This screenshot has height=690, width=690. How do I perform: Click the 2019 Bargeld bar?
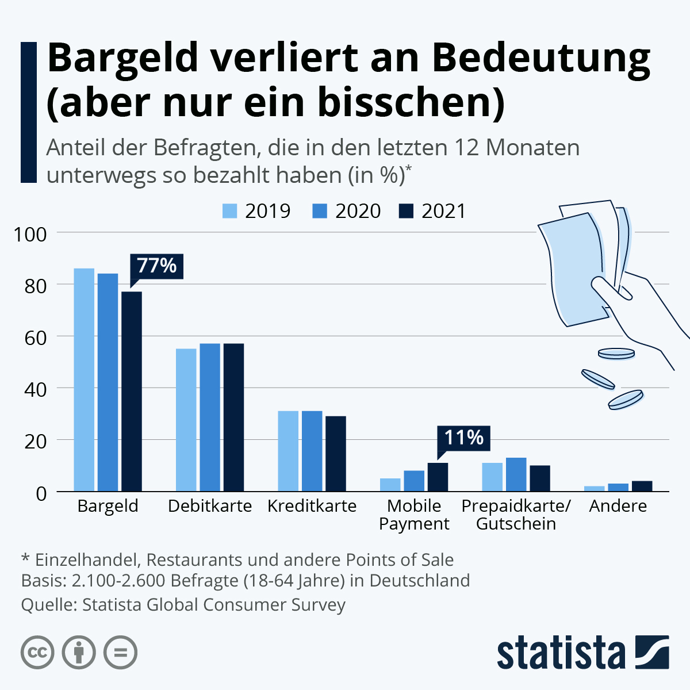[x=84, y=379]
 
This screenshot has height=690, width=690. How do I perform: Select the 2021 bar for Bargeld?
[x=132, y=391]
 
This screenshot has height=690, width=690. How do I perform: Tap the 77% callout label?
[x=156, y=266]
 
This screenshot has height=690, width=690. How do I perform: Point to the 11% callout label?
[x=463, y=438]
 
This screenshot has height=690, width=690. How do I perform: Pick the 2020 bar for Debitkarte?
[x=210, y=417]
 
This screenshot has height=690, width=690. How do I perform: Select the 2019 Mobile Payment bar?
[x=390, y=485]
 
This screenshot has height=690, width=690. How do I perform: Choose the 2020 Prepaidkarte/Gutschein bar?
[x=516, y=474]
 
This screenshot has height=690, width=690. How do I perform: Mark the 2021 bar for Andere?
[x=642, y=486]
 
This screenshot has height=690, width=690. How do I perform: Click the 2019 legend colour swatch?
[x=229, y=211]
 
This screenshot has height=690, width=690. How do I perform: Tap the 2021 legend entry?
[x=432, y=211]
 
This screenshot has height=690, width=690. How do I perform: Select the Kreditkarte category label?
[x=312, y=506]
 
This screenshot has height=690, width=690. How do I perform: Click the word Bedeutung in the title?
[x=540, y=59]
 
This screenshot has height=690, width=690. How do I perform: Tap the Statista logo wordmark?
[x=561, y=653]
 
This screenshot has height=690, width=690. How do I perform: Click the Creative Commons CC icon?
[x=37, y=653]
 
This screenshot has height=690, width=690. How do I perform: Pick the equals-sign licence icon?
[x=121, y=653]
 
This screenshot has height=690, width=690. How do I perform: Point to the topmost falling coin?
[x=616, y=353]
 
